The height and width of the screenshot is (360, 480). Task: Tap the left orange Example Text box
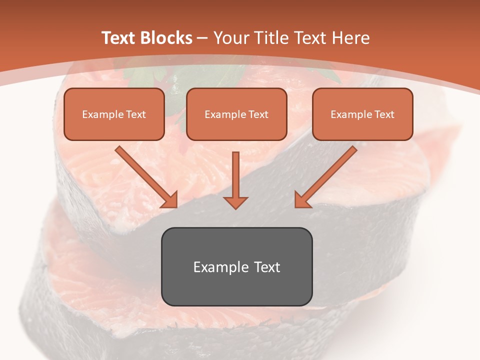(x=114, y=114)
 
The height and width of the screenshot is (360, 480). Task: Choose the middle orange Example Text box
(x=236, y=114)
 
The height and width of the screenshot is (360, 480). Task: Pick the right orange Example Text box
(x=362, y=114)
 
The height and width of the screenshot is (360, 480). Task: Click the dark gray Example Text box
(x=236, y=266)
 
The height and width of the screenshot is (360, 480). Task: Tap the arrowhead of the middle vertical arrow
(x=235, y=201)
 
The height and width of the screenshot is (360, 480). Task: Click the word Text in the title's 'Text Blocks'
(x=119, y=38)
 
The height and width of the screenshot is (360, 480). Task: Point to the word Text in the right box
(x=384, y=114)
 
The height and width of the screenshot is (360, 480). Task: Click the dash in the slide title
(x=202, y=38)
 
